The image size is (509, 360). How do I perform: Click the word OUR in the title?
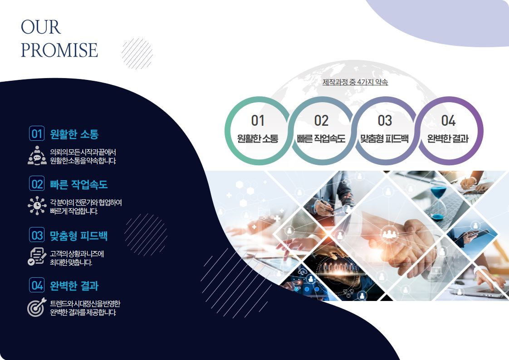pos(41,27)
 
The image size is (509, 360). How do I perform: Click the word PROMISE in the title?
pos(59,50)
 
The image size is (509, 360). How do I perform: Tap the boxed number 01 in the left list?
pos(37,133)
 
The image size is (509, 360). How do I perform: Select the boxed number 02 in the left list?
pos(37,184)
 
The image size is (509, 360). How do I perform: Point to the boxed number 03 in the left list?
pos(37,235)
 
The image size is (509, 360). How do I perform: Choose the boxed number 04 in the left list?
pos(37,285)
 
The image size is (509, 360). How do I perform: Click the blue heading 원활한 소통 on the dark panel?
pos(74,134)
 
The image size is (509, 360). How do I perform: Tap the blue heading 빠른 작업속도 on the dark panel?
pos(78,185)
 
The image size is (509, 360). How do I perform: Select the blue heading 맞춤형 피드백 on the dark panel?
pos(78,235)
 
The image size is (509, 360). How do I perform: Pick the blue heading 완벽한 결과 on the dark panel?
pos(74,286)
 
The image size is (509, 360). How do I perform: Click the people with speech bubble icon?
pos(37,156)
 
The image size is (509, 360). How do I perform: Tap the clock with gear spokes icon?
pos(37,206)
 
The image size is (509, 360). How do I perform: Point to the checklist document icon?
pos(37,256)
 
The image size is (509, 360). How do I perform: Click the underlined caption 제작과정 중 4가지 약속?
pos(355,82)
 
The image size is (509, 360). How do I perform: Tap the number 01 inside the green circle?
pos(258,121)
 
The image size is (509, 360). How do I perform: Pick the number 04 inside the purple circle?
pos(448,121)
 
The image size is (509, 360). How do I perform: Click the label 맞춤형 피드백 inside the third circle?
pos(384,139)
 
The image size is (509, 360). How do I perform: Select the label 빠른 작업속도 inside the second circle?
pos(321,139)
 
